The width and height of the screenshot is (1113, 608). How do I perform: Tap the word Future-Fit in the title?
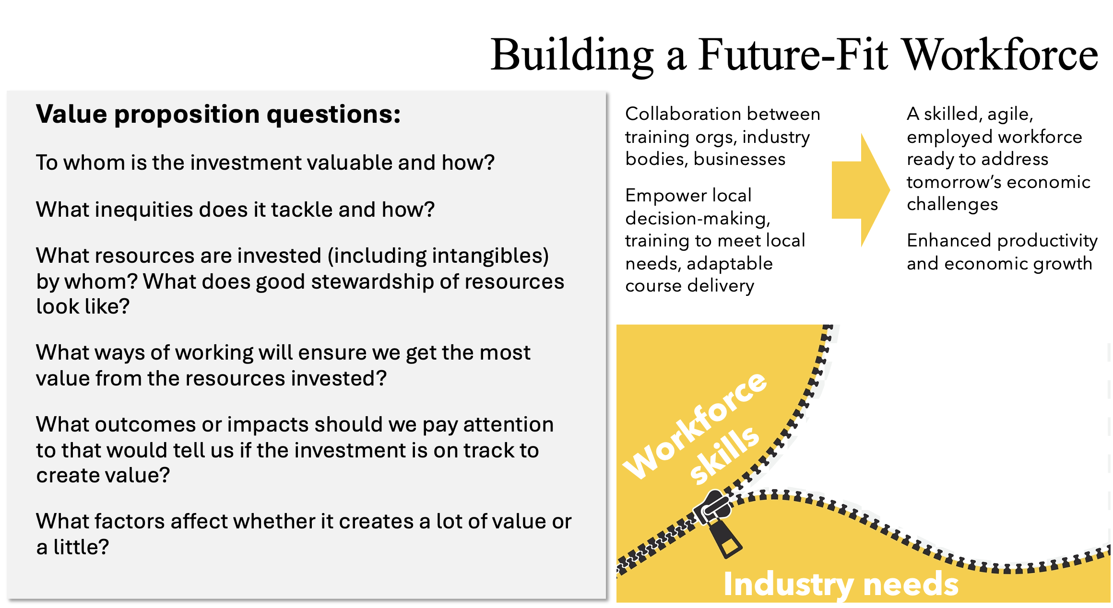tap(793, 55)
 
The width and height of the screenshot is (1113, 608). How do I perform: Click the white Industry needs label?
tap(841, 585)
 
